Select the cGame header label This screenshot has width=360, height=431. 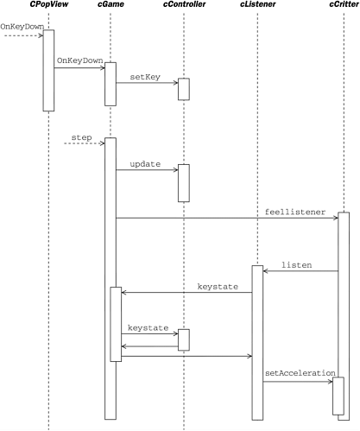coord(110,6)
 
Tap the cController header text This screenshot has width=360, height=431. coord(183,6)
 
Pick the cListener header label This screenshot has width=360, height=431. coord(256,6)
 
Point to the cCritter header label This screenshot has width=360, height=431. coord(343,6)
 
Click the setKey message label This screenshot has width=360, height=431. coord(145,77)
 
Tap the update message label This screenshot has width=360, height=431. coord(145,163)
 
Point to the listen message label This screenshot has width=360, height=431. coord(296,264)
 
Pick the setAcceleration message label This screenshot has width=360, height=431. coord(300,373)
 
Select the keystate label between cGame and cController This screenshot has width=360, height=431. coord(148,327)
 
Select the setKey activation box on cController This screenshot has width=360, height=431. coord(183,89)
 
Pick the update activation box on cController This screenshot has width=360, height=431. coord(183,183)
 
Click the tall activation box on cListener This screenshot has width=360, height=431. coord(256,341)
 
